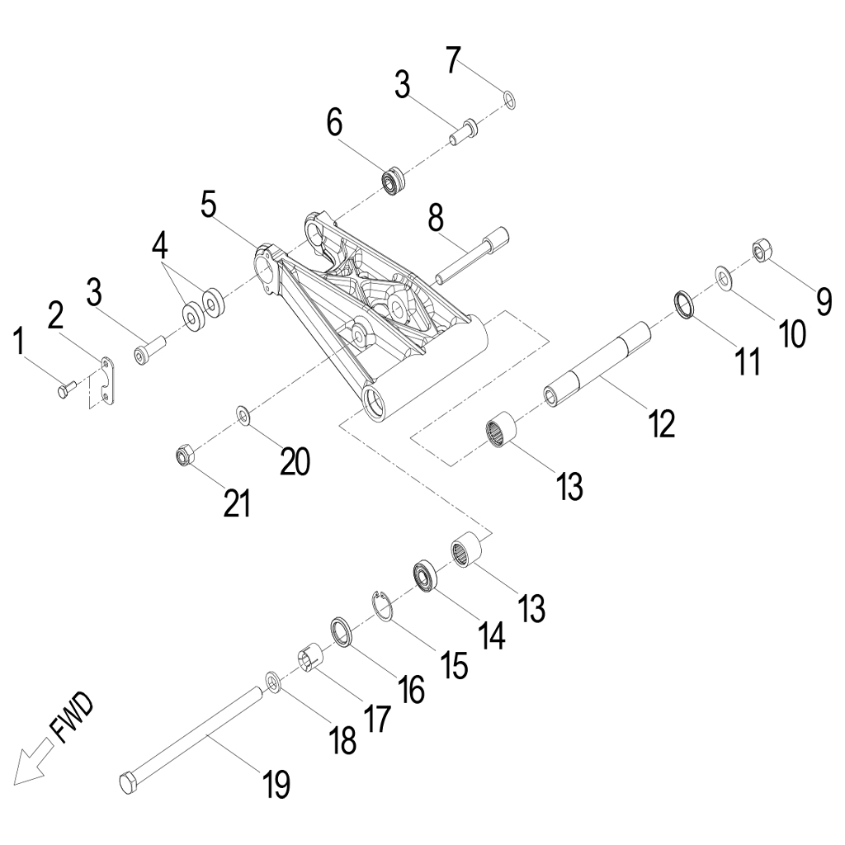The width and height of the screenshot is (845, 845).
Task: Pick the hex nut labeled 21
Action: point(186,455)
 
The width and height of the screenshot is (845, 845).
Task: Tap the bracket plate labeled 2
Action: point(106,379)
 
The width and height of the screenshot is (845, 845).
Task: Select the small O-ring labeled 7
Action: point(510,101)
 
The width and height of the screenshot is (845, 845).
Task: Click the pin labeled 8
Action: point(470,256)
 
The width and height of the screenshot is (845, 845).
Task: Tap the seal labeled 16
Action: point(342,631)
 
